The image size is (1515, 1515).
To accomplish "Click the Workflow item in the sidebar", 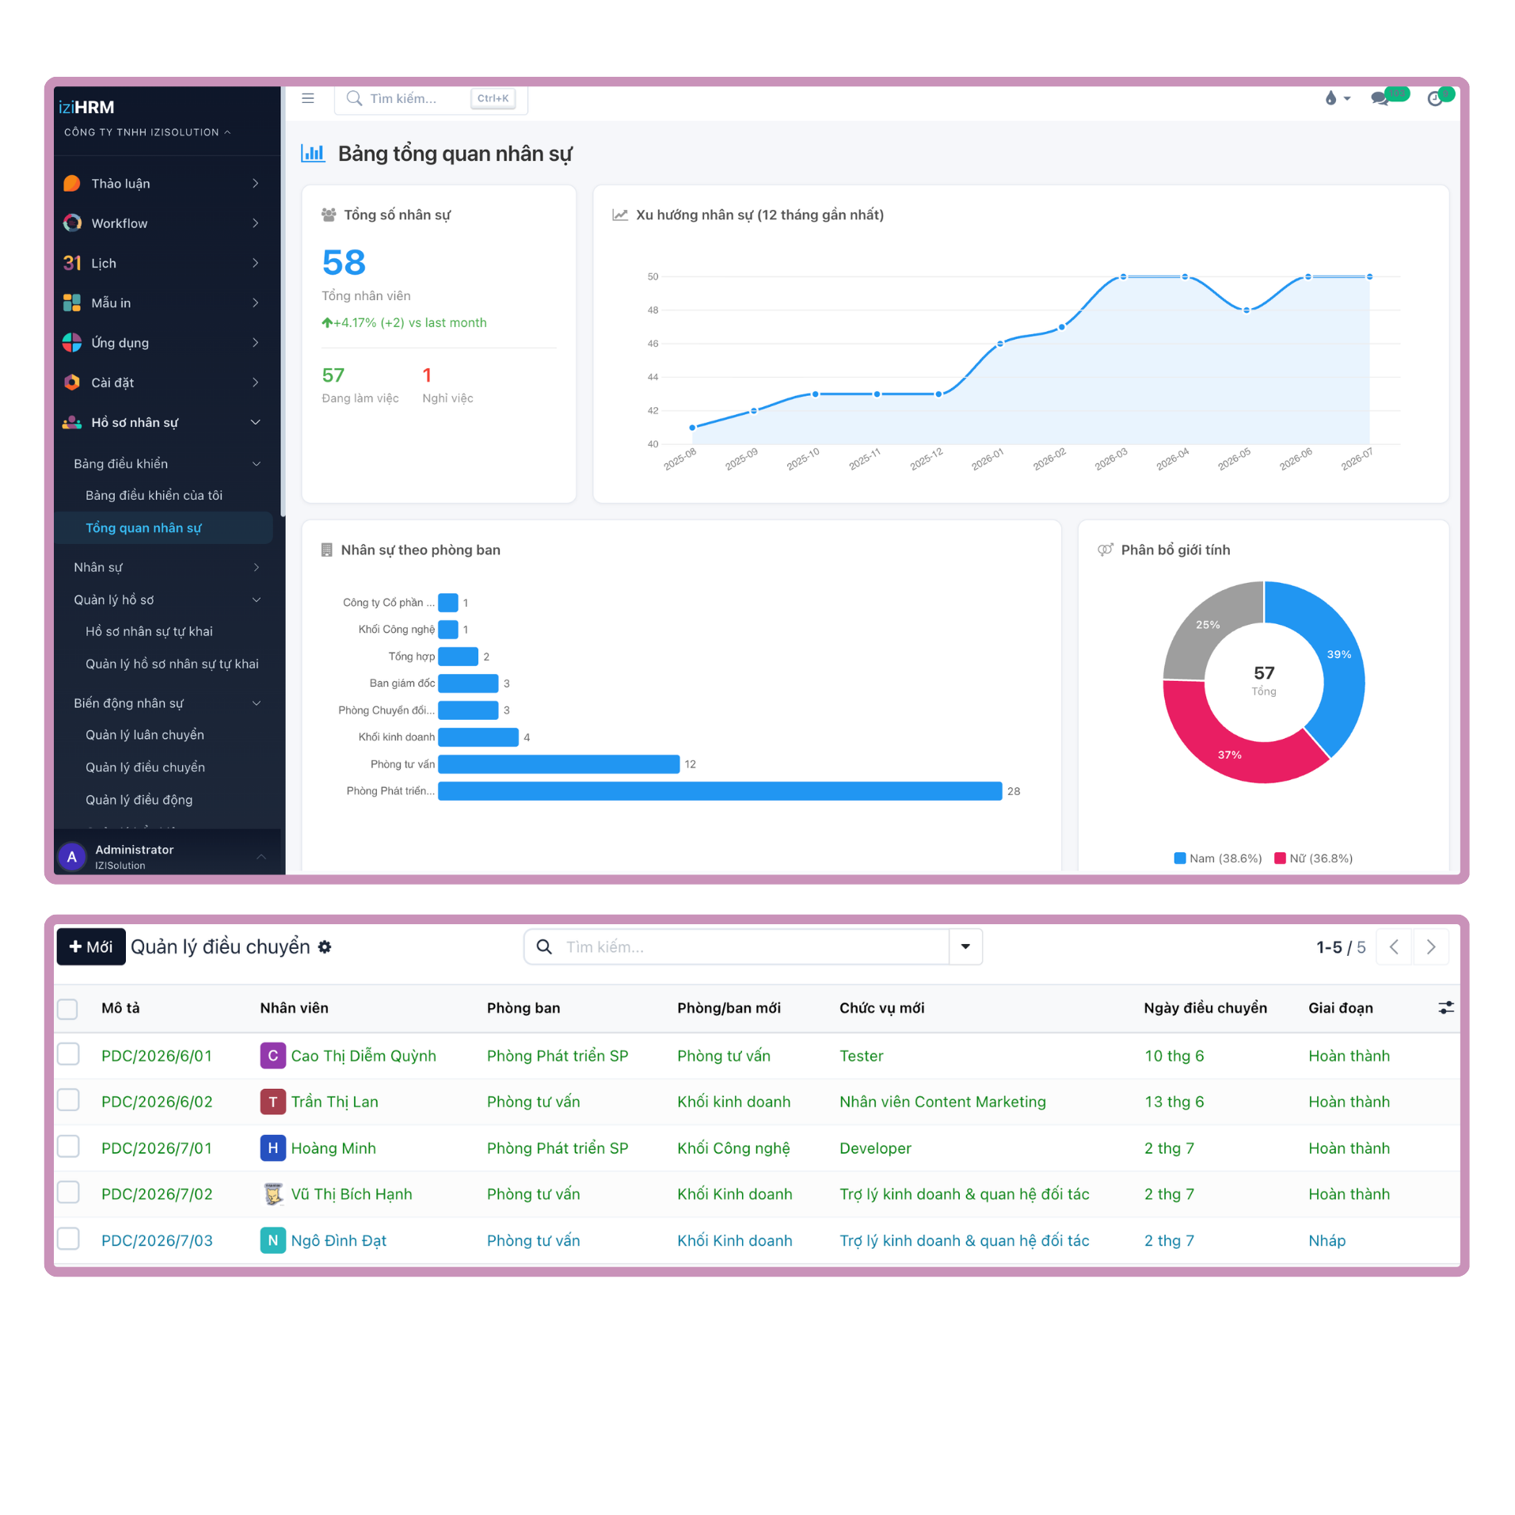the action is (119, 223).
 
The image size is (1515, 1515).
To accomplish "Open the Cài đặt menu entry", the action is (112, 383).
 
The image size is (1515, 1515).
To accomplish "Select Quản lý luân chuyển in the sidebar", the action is (145, 735).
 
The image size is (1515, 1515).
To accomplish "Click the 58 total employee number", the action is (344, 263).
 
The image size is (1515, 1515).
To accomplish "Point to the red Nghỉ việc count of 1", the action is (427, 375).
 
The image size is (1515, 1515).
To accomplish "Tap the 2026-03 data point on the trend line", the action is (1123, 277).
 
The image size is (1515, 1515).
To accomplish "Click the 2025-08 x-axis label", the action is (679, 459).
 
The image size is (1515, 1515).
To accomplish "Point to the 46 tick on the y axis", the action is (653, 344).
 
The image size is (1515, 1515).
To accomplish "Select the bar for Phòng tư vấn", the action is (558, 764).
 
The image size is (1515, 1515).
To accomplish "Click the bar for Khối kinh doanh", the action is (478, 737).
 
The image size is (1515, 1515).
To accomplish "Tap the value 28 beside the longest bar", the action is (1014, 791).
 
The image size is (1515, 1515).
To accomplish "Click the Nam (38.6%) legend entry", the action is (1218, 858).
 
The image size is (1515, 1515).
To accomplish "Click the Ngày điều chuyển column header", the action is (1205, 1008).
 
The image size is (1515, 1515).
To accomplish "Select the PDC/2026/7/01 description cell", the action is (157, 1148).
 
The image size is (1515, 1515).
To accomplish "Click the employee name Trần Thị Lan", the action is (335, 1102).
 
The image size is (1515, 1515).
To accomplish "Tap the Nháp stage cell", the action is (1327, 1241).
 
